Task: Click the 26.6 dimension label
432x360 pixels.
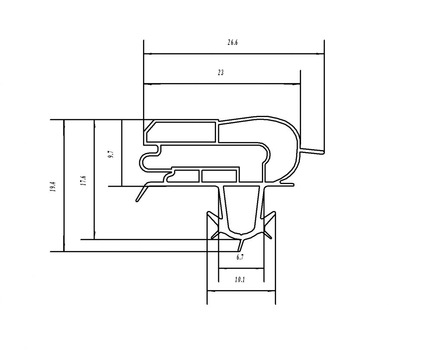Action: pyautogui.click(x=233, y=42)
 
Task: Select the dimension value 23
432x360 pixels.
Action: pyautogui.click(x=220, y=73)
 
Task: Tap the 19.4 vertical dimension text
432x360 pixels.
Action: pyautogui.click(x=52, y=186)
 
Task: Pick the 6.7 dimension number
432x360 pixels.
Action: pyautogui.click(x=241, y=258)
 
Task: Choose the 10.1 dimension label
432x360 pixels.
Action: pyautogui.click(x=240, y=280)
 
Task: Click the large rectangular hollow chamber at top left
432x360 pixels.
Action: pyautogui.click(x=181, y=132)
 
